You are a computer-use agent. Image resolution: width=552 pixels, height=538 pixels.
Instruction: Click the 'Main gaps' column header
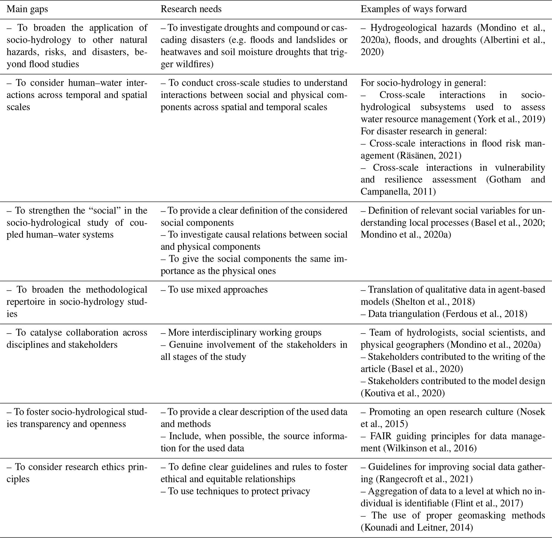tap(27, 9)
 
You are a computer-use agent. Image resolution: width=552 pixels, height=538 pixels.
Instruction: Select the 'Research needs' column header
tap(191, 9)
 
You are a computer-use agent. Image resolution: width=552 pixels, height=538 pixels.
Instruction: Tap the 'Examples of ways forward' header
tap(413, 9)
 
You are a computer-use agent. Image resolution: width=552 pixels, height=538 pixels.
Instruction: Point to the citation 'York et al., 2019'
tap(510, 119)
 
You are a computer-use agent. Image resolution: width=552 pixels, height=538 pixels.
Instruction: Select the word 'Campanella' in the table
tap(384, 192)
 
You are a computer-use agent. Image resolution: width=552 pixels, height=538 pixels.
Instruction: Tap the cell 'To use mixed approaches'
tap(214, 290)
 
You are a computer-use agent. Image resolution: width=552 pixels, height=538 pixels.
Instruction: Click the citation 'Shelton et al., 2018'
tap(433, 302)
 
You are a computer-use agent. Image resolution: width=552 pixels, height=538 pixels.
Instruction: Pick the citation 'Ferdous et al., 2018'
tap(485, 314)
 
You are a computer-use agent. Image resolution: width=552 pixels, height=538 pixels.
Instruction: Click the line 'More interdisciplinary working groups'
tap(241, 333)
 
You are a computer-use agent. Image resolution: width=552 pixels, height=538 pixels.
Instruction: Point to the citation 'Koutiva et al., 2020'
tap(403, 393)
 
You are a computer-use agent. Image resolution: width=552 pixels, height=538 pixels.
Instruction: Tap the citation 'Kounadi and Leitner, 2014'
tap(417, 528)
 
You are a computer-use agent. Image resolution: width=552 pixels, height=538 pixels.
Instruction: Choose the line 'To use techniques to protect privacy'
tap(236, 491)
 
